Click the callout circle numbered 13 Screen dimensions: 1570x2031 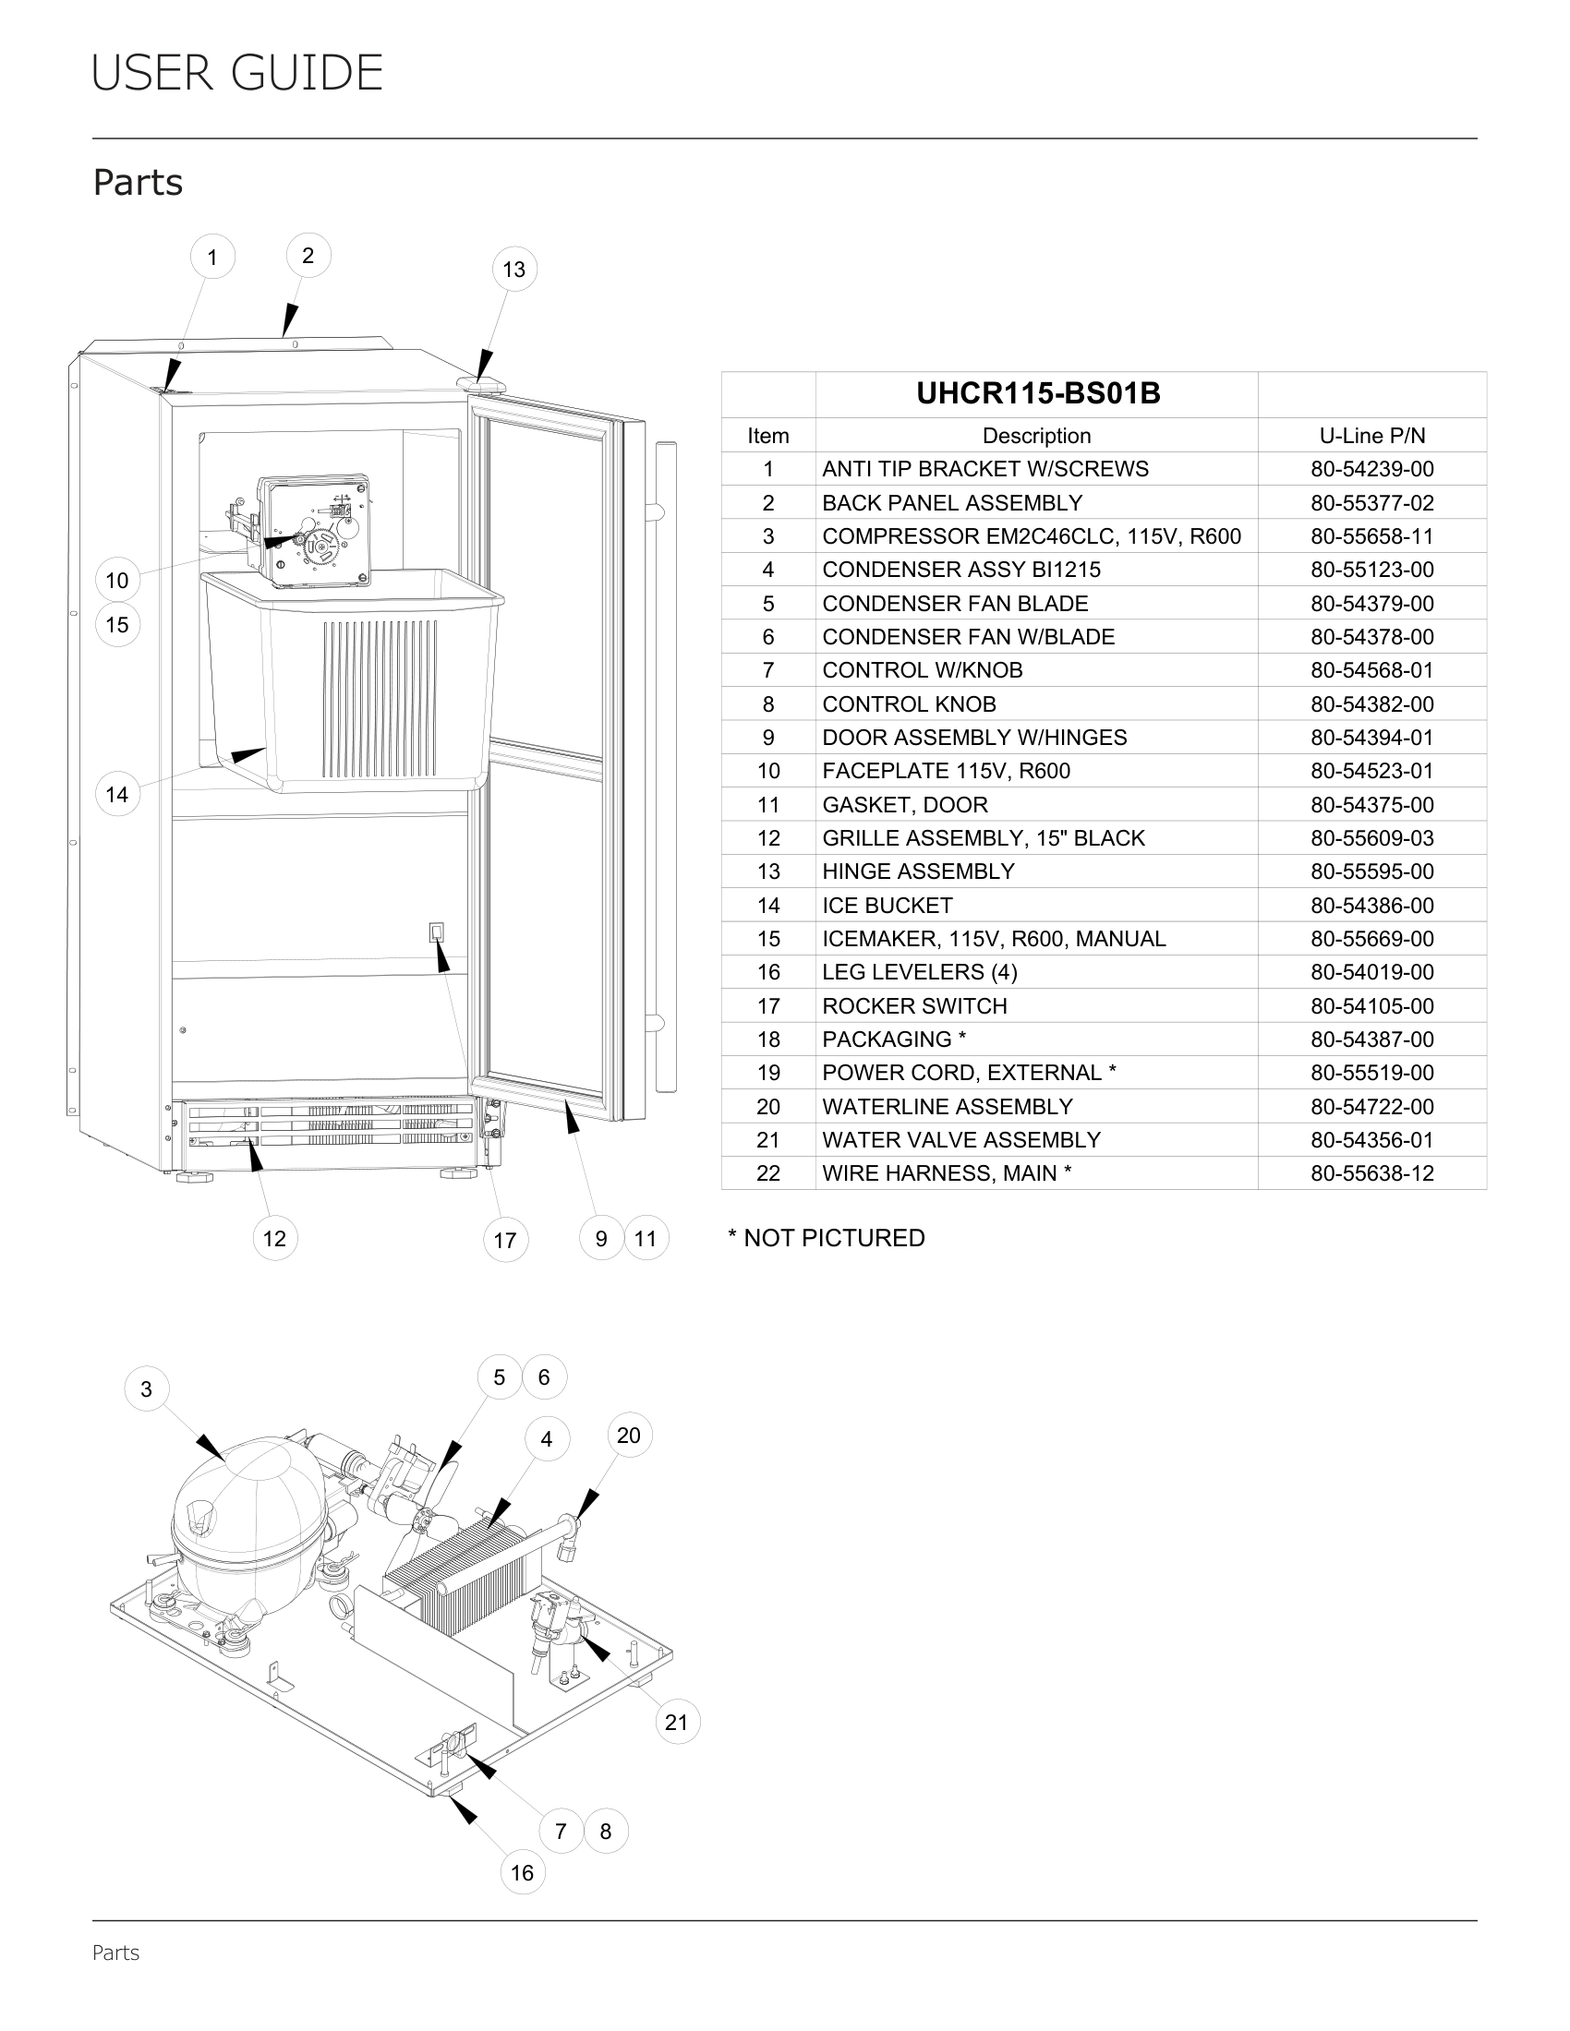(x=513, y=270)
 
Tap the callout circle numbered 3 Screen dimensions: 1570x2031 (x=146, y=1389)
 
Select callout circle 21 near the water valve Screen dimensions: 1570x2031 (x=677, y=1723)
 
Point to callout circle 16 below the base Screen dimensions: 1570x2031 (x=522, y=1873)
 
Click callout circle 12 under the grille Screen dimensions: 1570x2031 (x=274, y=1239)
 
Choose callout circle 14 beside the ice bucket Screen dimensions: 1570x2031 (x=117, y=795)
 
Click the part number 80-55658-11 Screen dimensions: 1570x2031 (x=1371, y=536)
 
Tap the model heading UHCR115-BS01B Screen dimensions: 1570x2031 (x=1038, y=394)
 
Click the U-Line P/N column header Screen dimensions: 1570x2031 (x=1371, y=436)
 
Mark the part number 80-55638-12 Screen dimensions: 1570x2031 (x=1371, y=1173)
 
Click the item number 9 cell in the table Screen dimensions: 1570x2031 (x=768, y=738)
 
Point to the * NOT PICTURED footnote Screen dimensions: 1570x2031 (x=826, y=1238)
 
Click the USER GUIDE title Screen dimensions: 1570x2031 (x=237, y=74)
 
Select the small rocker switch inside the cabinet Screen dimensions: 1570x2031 (x=436, y=931)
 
